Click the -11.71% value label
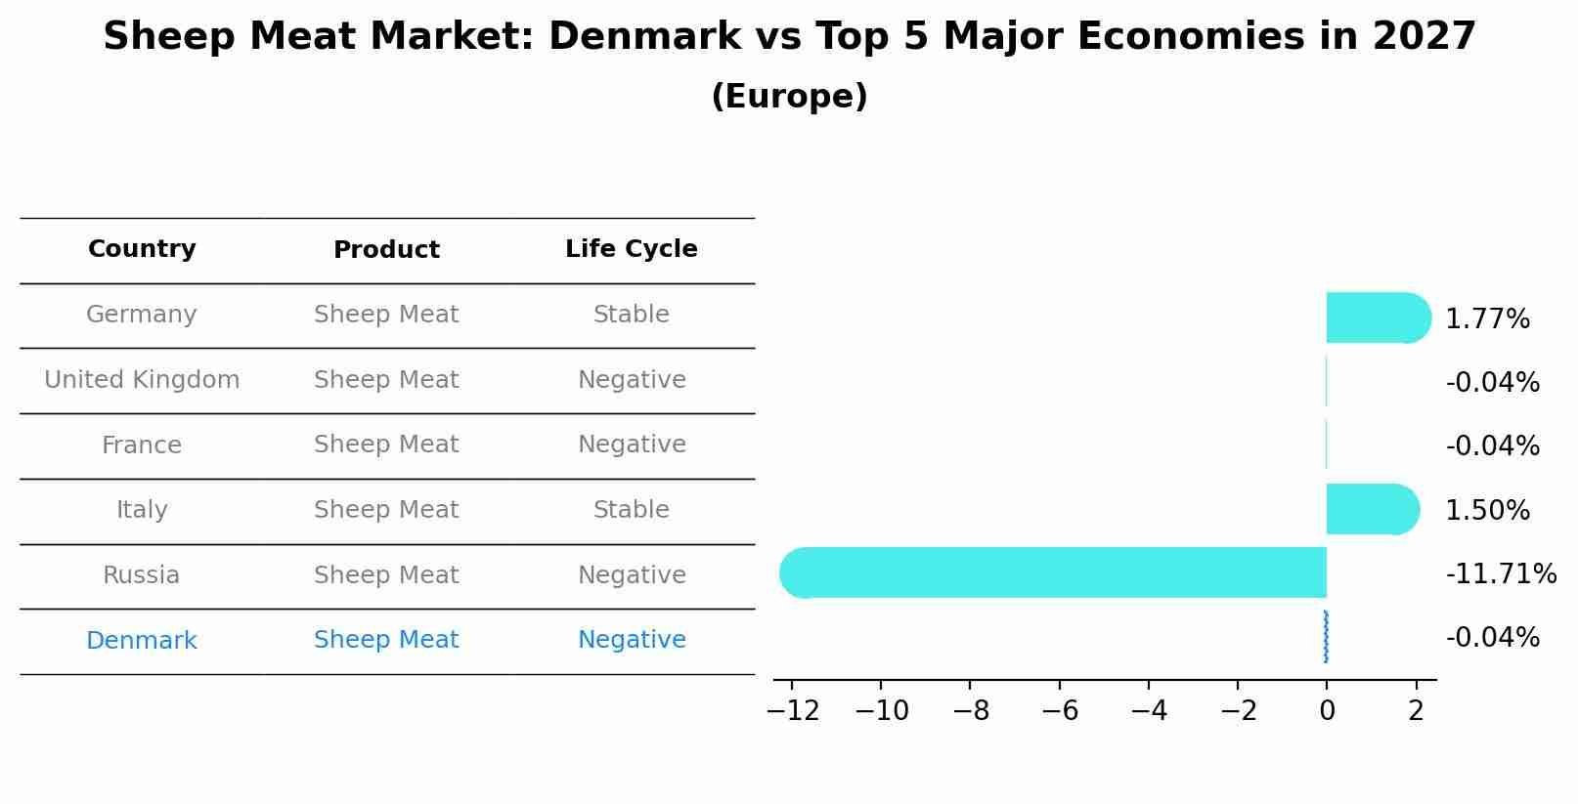click(x=1500, y=573)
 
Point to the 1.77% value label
click(x=1486, y=318)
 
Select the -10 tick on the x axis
click(x=881, y=710)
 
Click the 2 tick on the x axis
click(x=1416, y=710)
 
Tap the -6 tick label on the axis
click(x=1060, y=710)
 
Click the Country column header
click(x=142, y=249)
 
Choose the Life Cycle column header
click(x=631, y=249)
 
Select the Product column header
click(x=386, y=250)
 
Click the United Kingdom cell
click(x=142, y=380)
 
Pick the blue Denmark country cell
click(x=142, y=641)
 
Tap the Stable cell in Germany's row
click(x=631, y=315)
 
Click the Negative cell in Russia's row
click(x=631, y=575)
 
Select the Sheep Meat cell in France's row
click(x=386, y=444)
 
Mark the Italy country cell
click(x=142, y=510)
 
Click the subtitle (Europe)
click(x=789, y=97)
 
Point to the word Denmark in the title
click(x=644, y=37)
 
